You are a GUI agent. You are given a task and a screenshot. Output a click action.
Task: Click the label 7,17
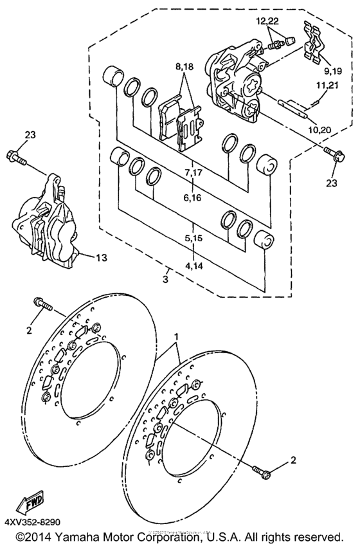192,174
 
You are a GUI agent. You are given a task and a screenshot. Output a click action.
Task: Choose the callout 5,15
192,238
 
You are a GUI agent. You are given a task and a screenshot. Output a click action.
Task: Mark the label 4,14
192,262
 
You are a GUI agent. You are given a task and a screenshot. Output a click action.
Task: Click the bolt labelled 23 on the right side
332,154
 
